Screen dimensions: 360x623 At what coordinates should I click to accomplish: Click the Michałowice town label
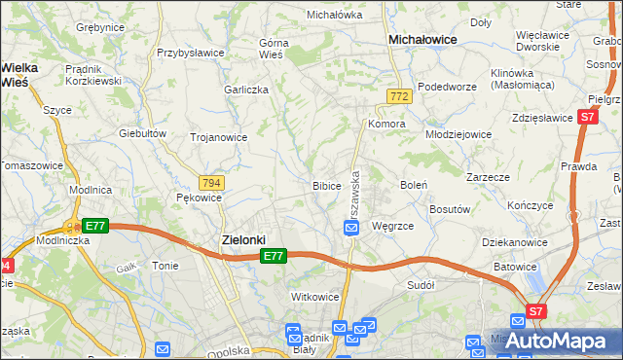tap(424, 39)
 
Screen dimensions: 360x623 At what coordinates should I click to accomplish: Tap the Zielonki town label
tap(238, 239)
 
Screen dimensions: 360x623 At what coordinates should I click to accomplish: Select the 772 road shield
tap(397, 96)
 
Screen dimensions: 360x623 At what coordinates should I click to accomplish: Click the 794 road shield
tap(210, 183)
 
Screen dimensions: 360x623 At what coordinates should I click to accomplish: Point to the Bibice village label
tap(326, 185)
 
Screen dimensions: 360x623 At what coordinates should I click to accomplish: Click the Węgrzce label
tap(392, 226)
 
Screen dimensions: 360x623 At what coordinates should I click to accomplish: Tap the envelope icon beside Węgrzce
tap(351, 228)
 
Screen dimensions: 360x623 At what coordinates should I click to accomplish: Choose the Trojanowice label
tap(218, 137)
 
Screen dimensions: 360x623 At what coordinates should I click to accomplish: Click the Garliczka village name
tap(245, 89)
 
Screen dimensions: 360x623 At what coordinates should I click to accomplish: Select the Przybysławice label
tap(191, 53)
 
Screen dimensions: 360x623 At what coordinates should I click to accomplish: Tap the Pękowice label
tap(200, 198)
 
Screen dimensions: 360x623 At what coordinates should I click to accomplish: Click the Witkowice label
tap(314, 297)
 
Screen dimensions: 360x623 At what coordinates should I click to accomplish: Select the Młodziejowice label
tap(460, 135)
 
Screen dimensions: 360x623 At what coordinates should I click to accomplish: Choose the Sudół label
tap(421, 285)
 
